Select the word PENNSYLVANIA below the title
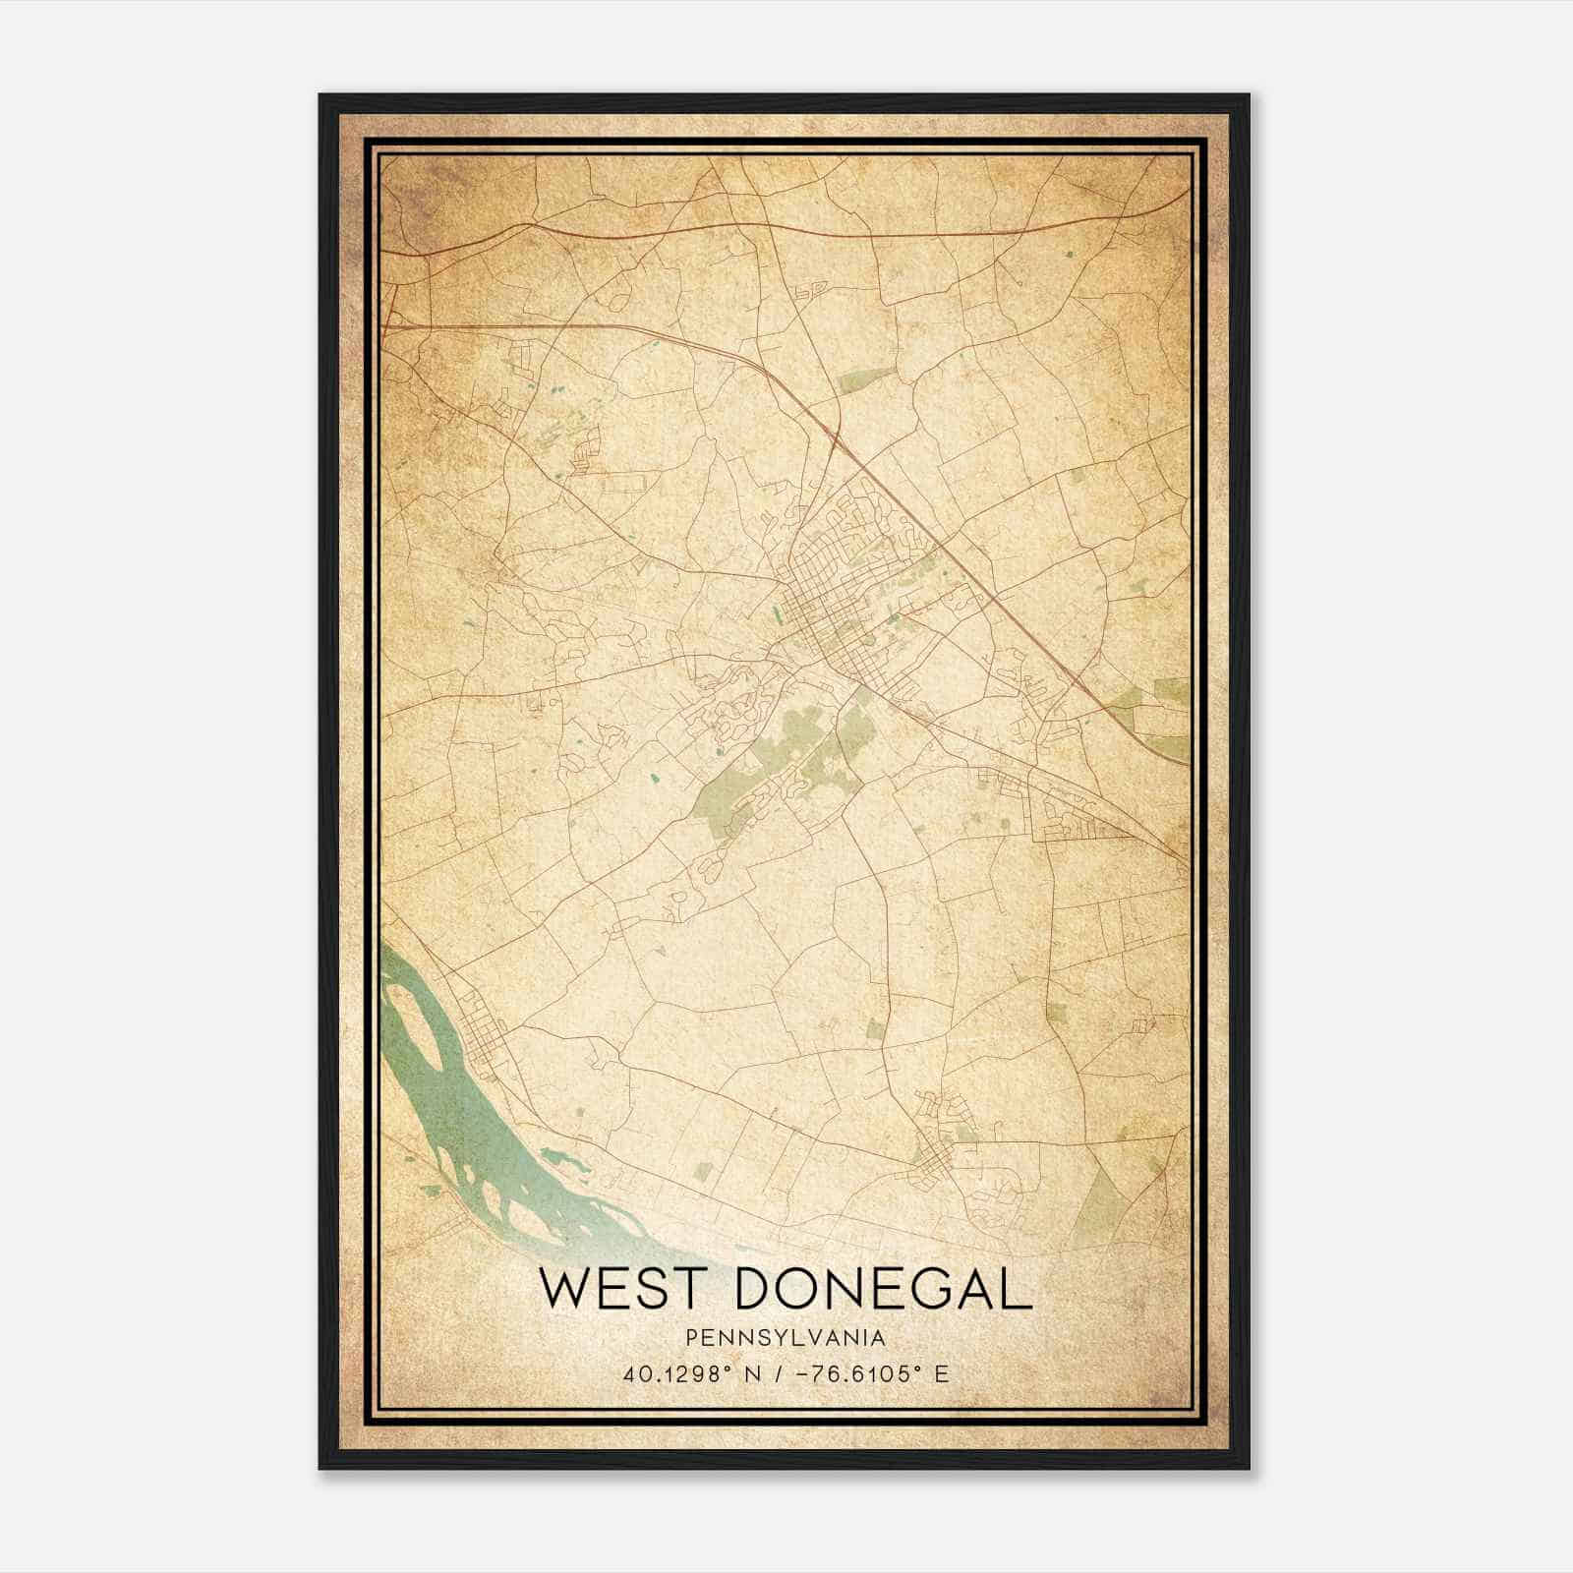[x=786, y=1338]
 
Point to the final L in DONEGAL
[x=1019, y=1289]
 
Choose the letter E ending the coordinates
[x=942, y=1374]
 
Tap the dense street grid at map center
[x=826, y=600]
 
